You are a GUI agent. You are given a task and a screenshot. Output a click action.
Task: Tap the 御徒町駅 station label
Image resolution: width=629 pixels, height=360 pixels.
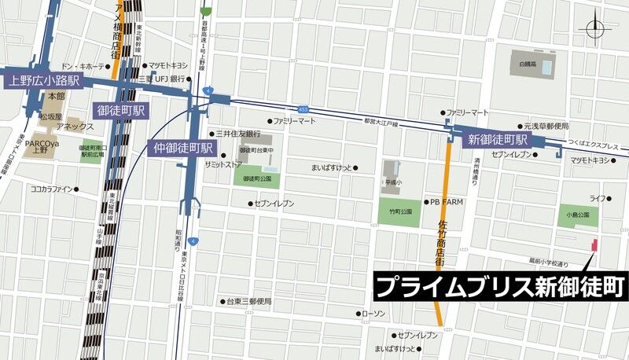pyautogui.click(x=120, y=110)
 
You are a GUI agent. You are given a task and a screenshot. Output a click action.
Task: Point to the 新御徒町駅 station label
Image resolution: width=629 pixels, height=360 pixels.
pyautogui.click(x=498, y=140)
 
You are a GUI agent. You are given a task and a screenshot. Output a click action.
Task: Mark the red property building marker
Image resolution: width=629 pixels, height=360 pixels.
pyautogui.click(x=594, y=246)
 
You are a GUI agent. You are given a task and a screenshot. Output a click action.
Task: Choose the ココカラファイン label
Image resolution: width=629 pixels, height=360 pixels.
pyautogui.click(x=51, y=189)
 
